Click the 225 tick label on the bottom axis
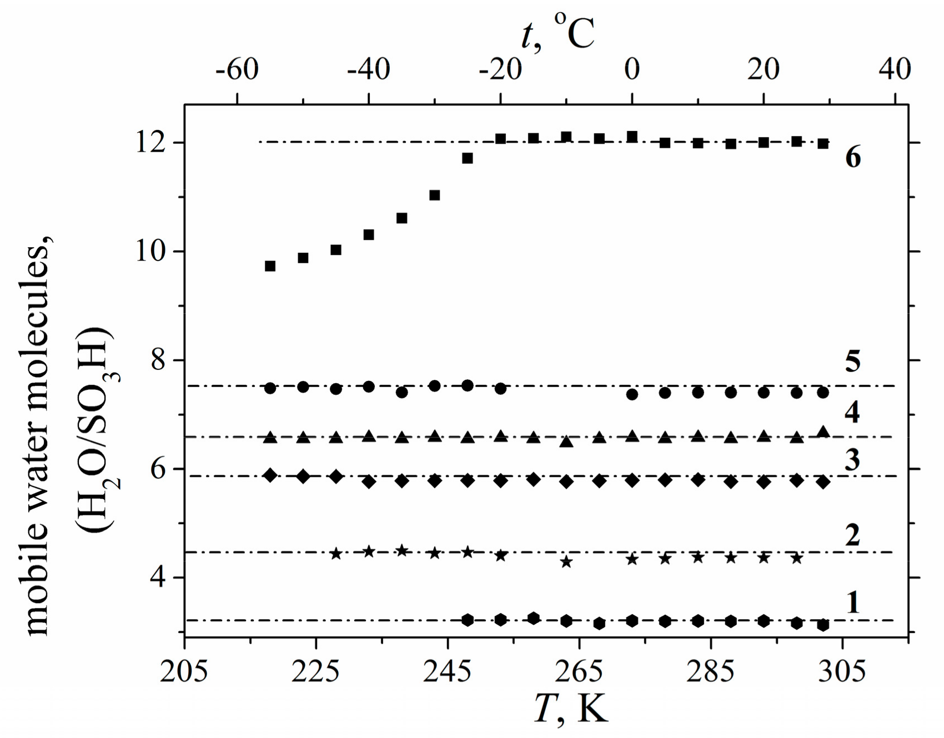click(x=315, y=671)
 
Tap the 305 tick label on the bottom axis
click(x=842, y=671)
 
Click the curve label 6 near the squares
click(x=853, y=158)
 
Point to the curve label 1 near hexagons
click(x=853, y=603)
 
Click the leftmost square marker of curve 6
click(x=270, y=266)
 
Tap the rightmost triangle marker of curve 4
click(x=824, y=432)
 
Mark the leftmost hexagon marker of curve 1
click(x=468, y=620)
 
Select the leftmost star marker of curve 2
click(x=336, y=554)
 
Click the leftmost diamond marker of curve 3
click(x=270, y=475)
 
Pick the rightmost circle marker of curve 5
click(x=823, y=393)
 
